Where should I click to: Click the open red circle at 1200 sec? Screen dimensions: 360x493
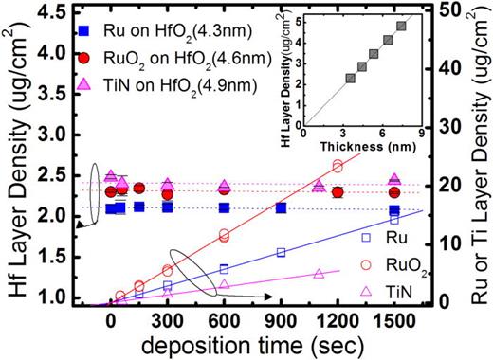coord(337,166)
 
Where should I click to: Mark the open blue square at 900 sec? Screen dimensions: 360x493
coord(281,252)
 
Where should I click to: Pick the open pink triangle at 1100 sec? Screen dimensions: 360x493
coord(319,271)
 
